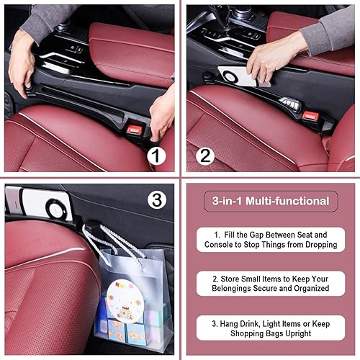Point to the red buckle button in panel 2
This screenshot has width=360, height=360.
310,115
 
